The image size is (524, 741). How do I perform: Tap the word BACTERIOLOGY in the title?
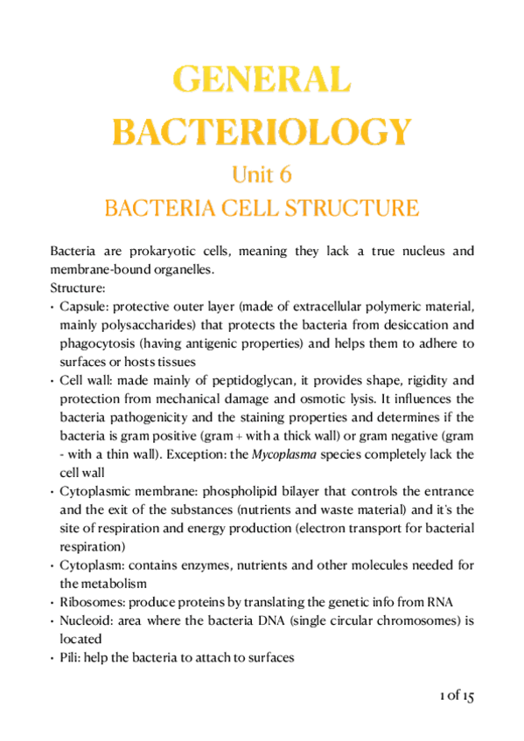pos(262,131)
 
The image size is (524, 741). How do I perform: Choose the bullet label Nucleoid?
pos(86,620)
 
